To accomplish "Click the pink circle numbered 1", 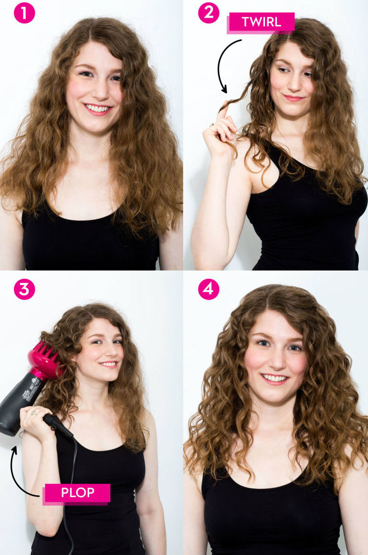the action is pos(24,13).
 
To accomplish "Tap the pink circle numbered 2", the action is pos(208,13).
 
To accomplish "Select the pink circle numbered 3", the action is pos(24,289).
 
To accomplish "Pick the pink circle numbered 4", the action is pos(208,289).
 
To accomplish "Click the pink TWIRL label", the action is pos(261,23).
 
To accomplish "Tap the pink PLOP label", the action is pos(77,493).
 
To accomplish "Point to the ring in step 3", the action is pos(34,412).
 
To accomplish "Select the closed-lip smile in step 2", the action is pos(293,98).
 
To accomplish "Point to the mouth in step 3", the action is pos(108,364).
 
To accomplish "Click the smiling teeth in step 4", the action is pos(275,378).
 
